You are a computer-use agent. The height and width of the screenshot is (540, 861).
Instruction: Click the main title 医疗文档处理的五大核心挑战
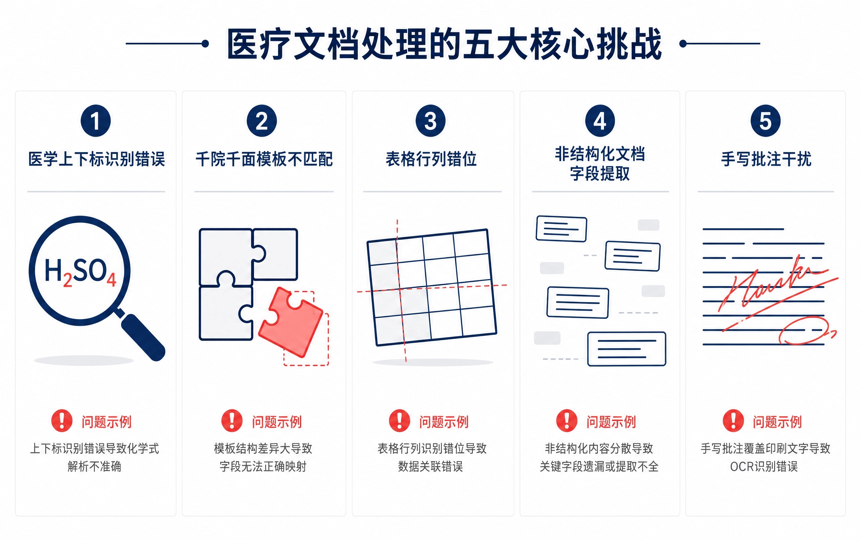(444, 43)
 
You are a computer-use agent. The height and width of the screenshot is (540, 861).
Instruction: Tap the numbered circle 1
(96, 121)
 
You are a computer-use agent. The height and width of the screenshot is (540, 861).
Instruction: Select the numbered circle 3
(430, 121)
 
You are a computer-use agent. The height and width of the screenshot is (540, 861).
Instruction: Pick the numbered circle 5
(765, 121)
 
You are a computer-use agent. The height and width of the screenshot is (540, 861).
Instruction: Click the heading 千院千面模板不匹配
(264, 159)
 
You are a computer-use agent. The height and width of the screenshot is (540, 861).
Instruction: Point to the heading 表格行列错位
(431, 159)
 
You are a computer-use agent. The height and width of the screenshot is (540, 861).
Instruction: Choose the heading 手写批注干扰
(766, 159)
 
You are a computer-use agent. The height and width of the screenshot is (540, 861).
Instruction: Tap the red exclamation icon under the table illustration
(399, 420)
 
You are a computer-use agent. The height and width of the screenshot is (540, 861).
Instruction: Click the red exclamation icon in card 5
(733, 420)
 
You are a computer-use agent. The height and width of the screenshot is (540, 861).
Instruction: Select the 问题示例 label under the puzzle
(277, 422)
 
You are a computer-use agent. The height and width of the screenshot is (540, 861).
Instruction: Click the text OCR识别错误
(763, 466)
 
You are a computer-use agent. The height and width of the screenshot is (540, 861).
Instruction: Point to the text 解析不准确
(94, 466)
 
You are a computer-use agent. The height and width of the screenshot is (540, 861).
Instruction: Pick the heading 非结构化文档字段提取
(600, 164)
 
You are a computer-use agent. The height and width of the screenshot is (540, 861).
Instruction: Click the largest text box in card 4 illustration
(627, 349)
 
